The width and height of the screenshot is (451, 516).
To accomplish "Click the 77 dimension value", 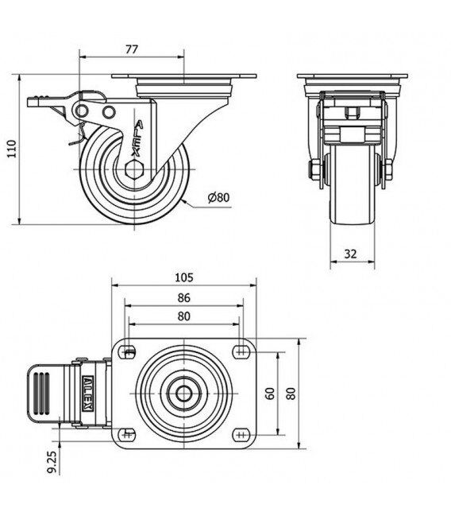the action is pyautogui.click(x=132, y=49).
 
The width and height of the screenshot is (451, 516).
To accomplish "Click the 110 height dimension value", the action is pyautogui.click(x=12, y=149).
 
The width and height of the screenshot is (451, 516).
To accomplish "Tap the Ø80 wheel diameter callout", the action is pyautogui.click(x=219, y=197).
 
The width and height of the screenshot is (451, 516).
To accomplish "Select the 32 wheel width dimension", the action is pyautogui.click(x=350, y=254).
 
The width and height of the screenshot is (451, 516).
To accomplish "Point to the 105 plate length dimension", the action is pyautogui.click(x=184, y=277).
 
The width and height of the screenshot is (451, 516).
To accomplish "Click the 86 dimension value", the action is pyautogui.click(x=184, y=298).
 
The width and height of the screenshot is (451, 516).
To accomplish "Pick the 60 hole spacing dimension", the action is pyautogui.click(x=270, y=394).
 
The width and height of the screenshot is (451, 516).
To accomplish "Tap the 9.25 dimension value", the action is pyautogui.click(x=52, y=462).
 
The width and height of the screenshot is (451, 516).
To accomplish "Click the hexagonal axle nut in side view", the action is pyautogui.click(x=134, y=169).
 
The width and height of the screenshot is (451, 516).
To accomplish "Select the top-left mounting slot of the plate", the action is pyautogui.click(x=129, y=352).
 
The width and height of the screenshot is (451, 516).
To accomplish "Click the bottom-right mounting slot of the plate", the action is pyautogui.click(x=241, y=435).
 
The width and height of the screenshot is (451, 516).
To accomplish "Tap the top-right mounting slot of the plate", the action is pyautogui.click(x=241, y=352).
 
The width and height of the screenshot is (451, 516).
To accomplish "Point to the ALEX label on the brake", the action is pyautogui.click(x=88, y=394).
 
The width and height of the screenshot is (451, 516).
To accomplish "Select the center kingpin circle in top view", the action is pyautogui.click(x=183, y=394).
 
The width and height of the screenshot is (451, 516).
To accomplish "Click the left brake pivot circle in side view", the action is pyautogui.click(x=81, y=111).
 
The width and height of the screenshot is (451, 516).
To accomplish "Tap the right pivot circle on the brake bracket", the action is pyautogui.click(x=109, y=112).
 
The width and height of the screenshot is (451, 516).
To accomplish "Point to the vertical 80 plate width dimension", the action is pyautogui.click(x=291, y=394).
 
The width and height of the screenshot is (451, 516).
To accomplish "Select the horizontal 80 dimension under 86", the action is pyautogui.click(x=184, y=316).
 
